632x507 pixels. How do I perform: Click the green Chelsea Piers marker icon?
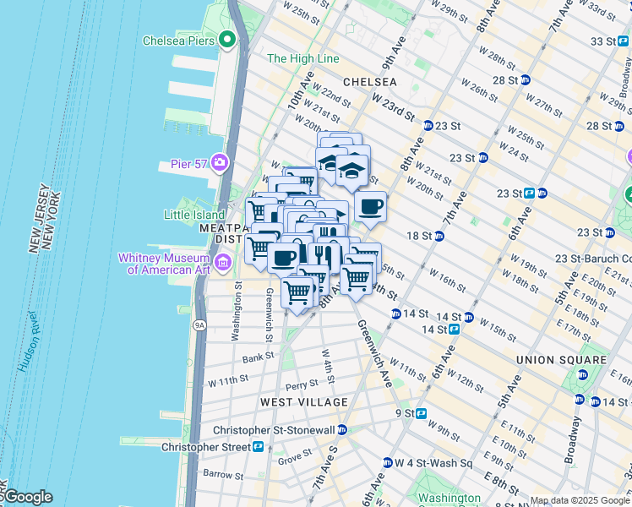point(226,40)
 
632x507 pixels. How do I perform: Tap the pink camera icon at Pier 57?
point(221,161)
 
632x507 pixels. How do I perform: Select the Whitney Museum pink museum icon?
point(222,264)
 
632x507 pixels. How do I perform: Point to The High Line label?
point(302,59)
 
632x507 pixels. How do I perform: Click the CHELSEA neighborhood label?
point(369,82)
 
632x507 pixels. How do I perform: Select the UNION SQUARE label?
point(561,360)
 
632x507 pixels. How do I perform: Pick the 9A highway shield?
point(199,323)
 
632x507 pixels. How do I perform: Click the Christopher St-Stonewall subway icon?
point(342,430)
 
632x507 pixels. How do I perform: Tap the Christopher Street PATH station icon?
point(258,446)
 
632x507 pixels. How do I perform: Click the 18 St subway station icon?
point(439,236)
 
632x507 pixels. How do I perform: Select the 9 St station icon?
point(421,413)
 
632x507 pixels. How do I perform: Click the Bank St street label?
point(259,357)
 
